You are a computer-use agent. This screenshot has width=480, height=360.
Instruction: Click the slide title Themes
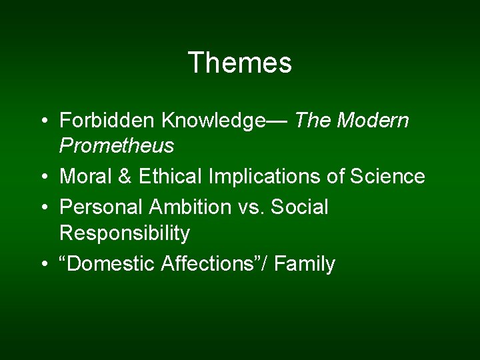239,63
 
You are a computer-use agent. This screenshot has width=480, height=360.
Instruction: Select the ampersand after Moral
125,177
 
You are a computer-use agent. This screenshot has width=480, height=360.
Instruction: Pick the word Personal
101,207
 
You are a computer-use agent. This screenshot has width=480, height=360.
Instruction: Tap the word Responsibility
125,233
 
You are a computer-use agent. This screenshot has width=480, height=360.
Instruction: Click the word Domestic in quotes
110,264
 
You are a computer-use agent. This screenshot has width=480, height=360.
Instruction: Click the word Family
305,265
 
